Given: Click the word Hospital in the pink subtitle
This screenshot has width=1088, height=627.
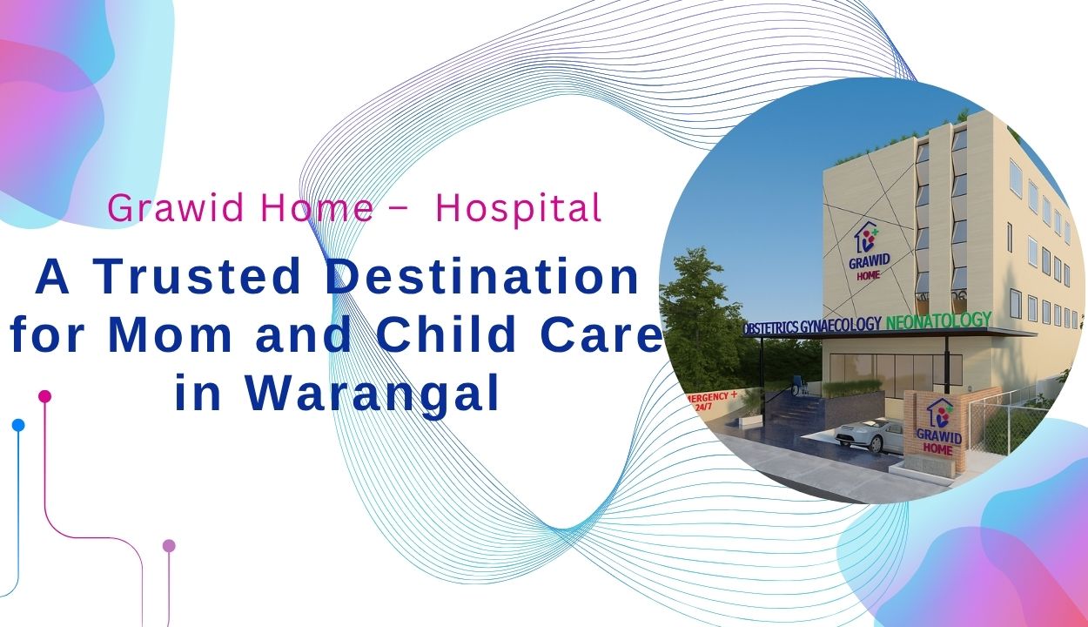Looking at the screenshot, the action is pyautogui.click(x=519, y=208).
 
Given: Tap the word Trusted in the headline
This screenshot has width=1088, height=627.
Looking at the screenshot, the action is pyautogui.click(x=197, y=277).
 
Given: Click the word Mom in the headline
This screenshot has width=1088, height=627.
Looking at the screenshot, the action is pyautogui.click(x=171, y=334).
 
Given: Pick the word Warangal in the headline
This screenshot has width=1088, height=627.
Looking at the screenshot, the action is pyautogui.click(x=372, y=394).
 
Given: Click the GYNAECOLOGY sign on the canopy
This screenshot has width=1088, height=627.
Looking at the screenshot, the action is pyautogui.click(x=840, y=325).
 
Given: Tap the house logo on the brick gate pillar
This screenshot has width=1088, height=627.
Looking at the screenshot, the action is pyautogui.click(x=941, y=413).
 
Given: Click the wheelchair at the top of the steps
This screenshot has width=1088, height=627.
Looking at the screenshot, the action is pyautogui.click(x=798, y=387).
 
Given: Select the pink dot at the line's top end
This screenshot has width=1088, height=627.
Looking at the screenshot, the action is pyautogui.click(x=44, y=396).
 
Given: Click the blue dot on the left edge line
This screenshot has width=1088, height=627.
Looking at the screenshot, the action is pyautogui.click(x=18, y=425).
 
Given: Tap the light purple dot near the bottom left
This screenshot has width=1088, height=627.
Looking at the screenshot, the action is pyautogui.click(x=169, y=546).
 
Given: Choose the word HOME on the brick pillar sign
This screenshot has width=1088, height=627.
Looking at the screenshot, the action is pyautogui.click(x=937, y=449).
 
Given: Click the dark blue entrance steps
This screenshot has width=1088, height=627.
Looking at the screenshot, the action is pyautogui.click(x=796, y=413).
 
